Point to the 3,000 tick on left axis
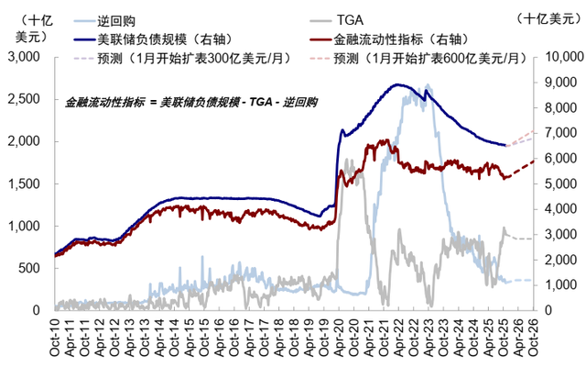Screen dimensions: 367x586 [x=30, y=57]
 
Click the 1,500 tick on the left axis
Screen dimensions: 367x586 [x=30, y=183]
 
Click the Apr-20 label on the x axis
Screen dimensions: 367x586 [x=341, y=337]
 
